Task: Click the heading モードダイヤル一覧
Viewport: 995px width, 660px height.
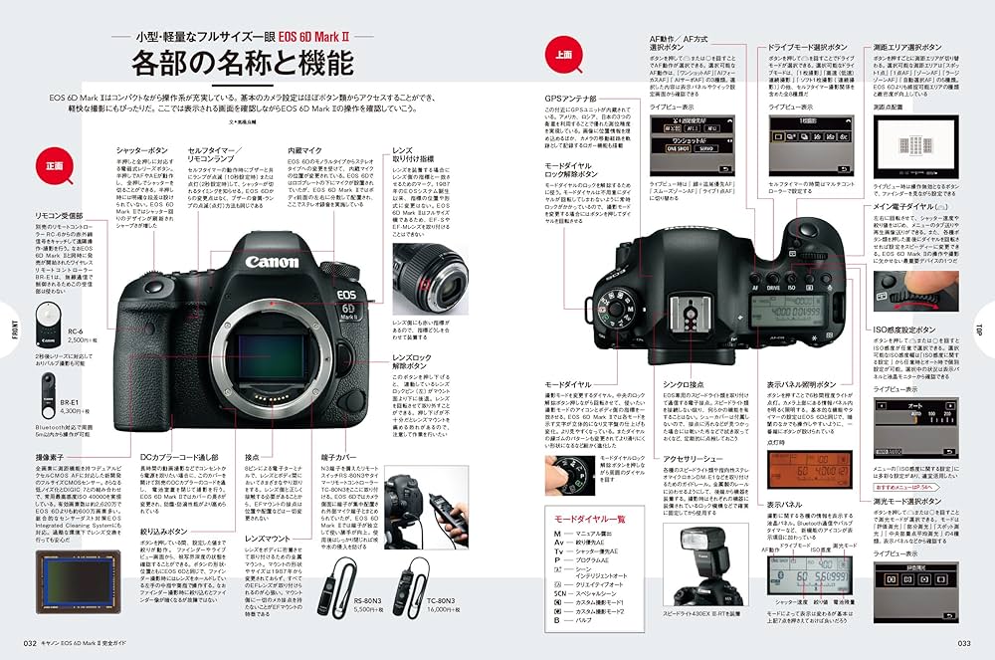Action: [589, 519]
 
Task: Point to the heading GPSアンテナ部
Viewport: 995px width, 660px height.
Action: [570, 99]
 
